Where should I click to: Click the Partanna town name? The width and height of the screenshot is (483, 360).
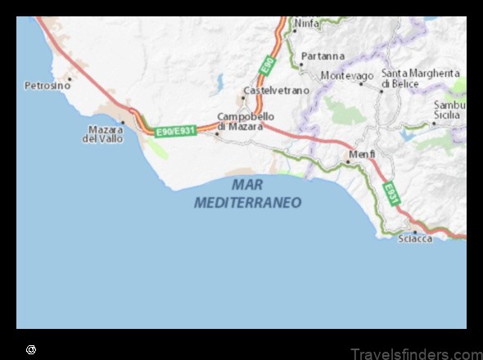click(323, 56)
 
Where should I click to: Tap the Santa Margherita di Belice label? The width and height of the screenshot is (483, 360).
click(421, 79)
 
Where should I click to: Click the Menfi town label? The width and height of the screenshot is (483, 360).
click(362, 154)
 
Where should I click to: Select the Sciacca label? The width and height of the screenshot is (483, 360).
click(415, 239)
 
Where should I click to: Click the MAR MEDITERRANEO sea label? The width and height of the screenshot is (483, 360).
click(248, 194)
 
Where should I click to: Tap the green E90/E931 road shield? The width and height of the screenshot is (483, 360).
click(176, 130)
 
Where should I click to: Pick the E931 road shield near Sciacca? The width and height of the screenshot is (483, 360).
click(390, 193)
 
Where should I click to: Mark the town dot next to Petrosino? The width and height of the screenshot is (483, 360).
click(70, 79)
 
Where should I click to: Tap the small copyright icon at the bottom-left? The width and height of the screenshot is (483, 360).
click(31, 349)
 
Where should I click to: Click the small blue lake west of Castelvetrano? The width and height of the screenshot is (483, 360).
click(219, 82)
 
